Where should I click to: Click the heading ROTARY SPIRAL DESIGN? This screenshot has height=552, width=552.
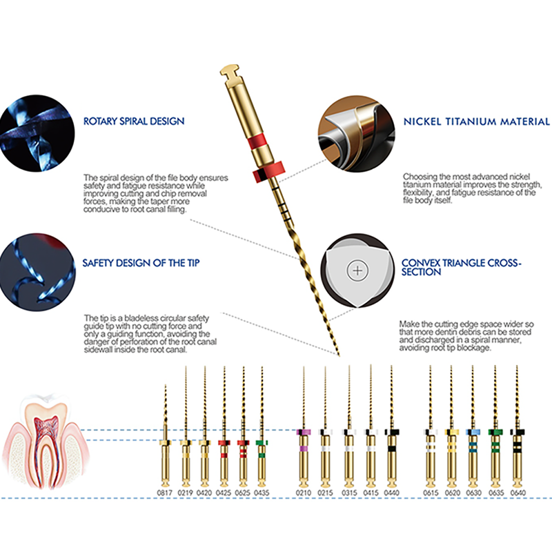coord(134,121)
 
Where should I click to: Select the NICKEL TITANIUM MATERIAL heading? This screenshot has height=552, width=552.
coord(476,121)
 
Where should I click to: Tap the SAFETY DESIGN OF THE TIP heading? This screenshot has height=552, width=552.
coord(141,263)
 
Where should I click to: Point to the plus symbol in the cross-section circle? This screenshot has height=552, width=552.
coord(357,270)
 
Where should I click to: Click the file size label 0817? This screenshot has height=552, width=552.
coord(165,493)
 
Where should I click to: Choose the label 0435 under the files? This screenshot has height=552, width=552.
coord(262,493)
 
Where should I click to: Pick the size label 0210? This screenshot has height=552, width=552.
coord(304,493)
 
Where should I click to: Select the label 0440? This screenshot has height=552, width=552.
coord(391,493)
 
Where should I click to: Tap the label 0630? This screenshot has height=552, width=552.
coord(473,493)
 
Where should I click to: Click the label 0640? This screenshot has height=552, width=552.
coord(518,493)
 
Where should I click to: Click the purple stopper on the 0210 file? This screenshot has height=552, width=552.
coord(304,432)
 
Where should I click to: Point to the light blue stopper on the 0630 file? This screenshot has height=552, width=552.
coord(473,432)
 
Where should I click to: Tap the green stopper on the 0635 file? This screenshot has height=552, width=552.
coord(495,432)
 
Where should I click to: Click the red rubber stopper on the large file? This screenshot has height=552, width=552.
coord(268,172)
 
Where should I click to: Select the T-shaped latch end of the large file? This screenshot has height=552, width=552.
coord(229,70)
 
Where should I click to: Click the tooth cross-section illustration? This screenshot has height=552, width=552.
coord(45,442)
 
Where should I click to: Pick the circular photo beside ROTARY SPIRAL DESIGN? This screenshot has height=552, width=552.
coord(37,133)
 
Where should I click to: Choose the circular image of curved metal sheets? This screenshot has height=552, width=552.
coord(357,134)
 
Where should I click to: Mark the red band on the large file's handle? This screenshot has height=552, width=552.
coord(259,141)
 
